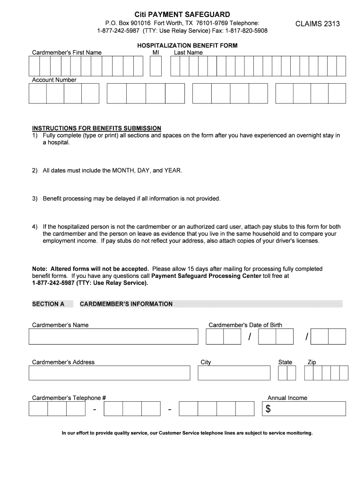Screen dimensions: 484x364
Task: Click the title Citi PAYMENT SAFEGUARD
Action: click(182, 15)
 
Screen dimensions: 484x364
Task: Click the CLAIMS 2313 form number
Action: click(317, 24)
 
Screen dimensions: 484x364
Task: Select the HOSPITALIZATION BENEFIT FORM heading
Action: click(187, 45)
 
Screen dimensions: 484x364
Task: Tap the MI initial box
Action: click(156, 67)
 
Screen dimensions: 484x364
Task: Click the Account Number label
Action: click(54, 80)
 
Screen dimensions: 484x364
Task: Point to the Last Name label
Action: click(188, 52)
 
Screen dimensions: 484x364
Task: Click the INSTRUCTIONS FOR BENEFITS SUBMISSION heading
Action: click(96, 128)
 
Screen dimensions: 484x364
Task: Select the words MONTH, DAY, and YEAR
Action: click(147, 170)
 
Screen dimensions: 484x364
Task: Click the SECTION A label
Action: click(48, 304)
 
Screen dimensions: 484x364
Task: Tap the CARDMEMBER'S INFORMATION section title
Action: click(126, 304)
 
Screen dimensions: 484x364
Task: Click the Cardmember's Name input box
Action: click(113, 337)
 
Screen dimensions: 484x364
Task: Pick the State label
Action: click(285, 362)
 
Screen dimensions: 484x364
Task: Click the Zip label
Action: click(312, 362)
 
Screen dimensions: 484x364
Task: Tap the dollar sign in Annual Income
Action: click(268, 409)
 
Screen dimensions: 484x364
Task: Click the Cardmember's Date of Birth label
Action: click(245, 325)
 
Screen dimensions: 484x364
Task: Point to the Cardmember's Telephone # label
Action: click(69, 398)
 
